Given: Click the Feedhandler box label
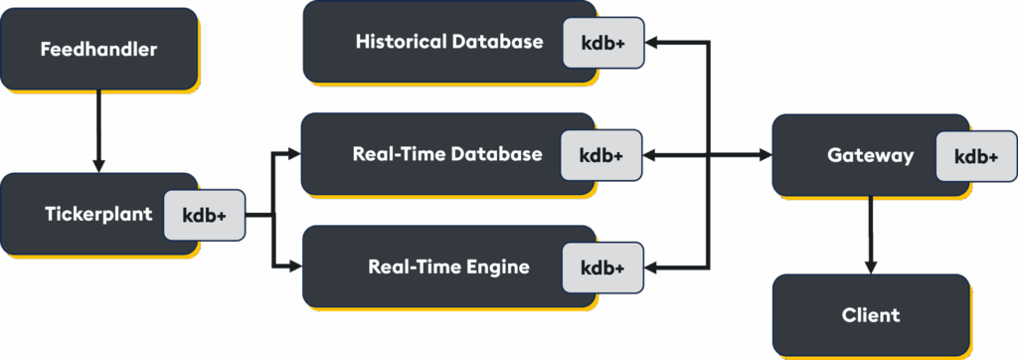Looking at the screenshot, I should tap(98, 49).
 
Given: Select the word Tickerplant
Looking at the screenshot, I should tap(97, 214).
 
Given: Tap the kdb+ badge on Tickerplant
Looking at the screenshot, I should tap(204, 215).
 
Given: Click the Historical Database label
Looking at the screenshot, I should tap(449, 42).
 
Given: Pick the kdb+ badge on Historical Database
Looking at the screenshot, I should tap(602, 43).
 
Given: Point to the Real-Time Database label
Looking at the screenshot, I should tap(447, 154).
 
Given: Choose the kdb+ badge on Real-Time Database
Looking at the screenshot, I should tap(600, 155).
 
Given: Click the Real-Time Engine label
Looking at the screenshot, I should tap(448, 267).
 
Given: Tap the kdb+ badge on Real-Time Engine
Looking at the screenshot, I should tap(601, 268).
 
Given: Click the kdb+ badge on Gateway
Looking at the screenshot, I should tap(975, 156).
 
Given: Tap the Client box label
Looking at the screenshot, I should tap(870, 315).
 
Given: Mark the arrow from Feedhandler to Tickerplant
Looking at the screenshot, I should tap(98, 129).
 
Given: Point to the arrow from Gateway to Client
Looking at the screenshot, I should tap(871, 234).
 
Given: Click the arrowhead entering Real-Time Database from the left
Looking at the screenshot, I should tap(293, 154).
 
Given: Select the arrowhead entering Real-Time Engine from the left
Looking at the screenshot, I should tap(293, 267).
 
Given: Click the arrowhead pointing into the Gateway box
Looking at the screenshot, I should tap(765, 156).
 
